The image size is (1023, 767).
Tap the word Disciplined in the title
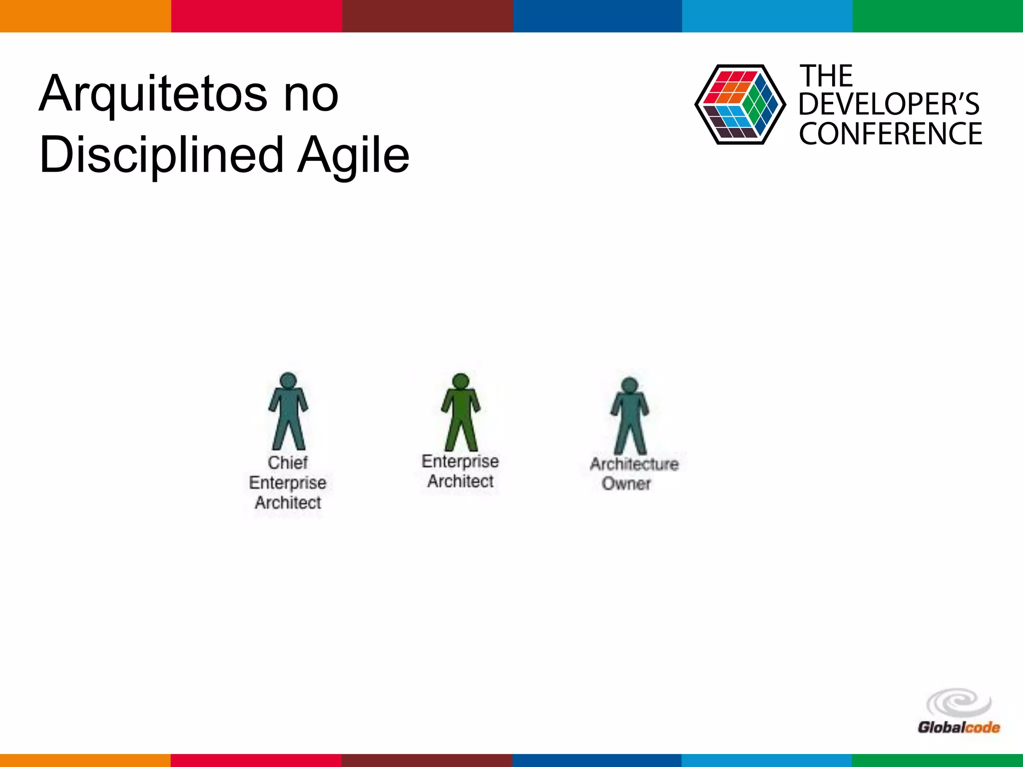pyautogui.click(x=162, y=156)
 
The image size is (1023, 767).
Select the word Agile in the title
pyautogui.click(x=353, y=156)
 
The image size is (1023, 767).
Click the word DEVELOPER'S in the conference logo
pyautogui.click(x=889, y=104)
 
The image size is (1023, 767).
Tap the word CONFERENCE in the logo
pyautogui.click(x=890, y=134)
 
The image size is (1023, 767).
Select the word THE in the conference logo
pyautogui.click(x=826, y=76)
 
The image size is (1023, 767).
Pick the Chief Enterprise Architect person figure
pyautogui.click(x=288, y=412)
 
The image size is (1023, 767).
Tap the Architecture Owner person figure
pyautogui.click(x=629, y=416)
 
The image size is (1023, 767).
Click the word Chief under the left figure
pyautogui.click(x=288, y=462)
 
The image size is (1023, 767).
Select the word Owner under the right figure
pyautogui.click(x=626, y=483)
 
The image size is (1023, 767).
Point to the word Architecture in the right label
pyautogui.click(x=634, y=464)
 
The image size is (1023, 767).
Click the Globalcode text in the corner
pyautogui.click(x=959, y=727)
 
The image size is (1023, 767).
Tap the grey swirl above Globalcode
pyautogui.click(x=959, y=703)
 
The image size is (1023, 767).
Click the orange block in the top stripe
pyautogui.click(x=85, y=16)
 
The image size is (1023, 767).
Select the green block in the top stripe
pyautogui.click(x=938, y=16)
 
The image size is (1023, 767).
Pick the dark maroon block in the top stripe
pyautogui.click(x=428, y=16)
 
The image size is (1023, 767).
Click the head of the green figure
pyautogui.click(x=461, y=381)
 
